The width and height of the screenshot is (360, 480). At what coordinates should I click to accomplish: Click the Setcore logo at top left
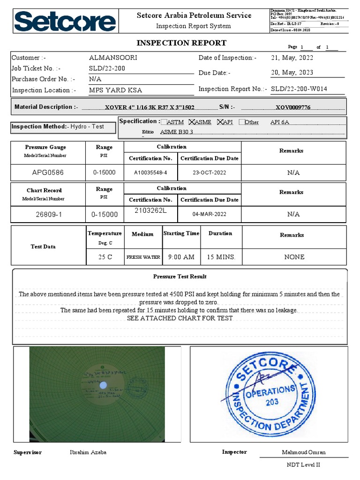(65, 22)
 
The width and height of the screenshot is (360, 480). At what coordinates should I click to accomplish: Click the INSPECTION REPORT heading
(181, 43)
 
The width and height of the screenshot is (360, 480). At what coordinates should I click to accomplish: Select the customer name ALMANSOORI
(113, 58)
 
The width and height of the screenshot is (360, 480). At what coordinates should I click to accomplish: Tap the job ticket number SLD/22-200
(107, 68)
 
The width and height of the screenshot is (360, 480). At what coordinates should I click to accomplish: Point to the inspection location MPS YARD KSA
(115, 90)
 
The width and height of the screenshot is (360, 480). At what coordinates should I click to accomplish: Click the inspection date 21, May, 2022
(292, 58)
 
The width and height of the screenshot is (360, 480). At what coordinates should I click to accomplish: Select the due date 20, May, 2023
(292, 73)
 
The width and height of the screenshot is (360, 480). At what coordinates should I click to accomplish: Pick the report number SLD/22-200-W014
(299, 89)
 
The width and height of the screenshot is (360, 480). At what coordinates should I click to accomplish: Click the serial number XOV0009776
(293, 107)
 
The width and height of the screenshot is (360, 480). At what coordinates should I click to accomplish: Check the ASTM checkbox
(164, 122)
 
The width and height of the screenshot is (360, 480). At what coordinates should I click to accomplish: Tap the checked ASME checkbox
(192, 122)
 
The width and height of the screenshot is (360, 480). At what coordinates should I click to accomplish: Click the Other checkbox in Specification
(241, 122)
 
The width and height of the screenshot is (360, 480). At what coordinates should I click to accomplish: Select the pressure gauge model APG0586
(48, 172)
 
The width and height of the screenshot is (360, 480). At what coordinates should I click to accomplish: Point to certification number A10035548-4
(150, 172)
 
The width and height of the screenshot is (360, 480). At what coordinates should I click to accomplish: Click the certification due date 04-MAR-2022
(209, 214)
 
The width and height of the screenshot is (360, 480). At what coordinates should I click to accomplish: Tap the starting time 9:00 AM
(181, 257)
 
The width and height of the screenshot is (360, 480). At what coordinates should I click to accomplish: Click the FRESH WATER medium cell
(143, 257)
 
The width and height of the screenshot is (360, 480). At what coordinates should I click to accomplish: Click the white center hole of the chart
(104, 384)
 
